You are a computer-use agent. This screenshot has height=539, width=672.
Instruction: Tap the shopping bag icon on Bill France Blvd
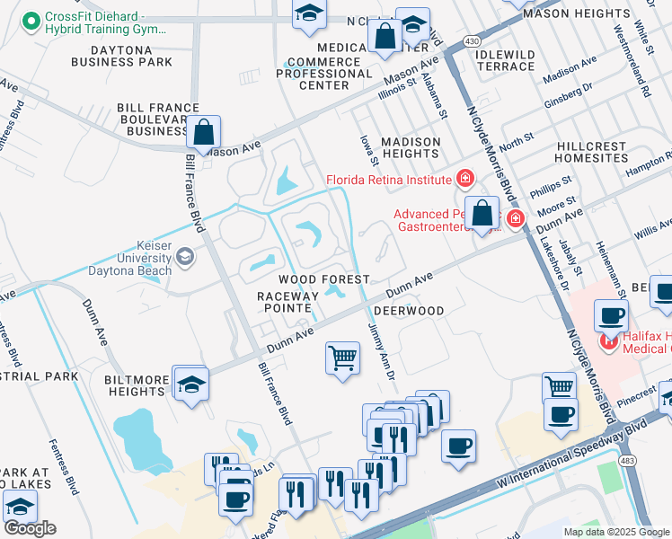click(204, 132)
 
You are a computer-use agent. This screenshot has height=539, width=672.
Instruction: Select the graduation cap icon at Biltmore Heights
click(190, 384)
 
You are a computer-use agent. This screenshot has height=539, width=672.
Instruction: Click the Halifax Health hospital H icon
click(610, 340)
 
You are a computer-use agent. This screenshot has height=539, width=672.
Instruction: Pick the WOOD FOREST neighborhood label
click(323, 280)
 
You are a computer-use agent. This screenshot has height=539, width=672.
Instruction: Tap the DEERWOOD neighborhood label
click(409, 311)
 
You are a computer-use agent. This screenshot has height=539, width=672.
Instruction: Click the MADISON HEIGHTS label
click(411, 147)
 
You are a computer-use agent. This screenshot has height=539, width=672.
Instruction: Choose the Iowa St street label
click(366, 144)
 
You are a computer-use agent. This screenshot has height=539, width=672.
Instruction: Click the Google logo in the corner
click(30, 527)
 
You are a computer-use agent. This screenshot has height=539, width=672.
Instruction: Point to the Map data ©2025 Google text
click(615, 532)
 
